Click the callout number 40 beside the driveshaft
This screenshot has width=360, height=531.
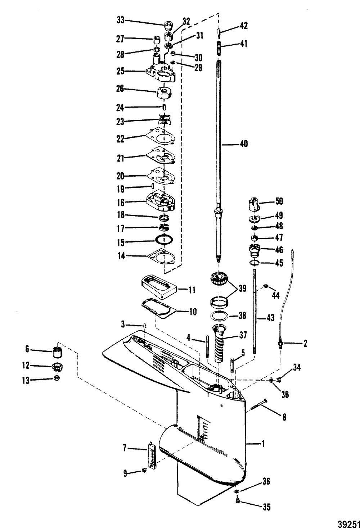pos(244,144)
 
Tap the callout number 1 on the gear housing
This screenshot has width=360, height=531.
pos(263,444)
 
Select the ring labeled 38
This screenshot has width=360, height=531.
pos(219,316)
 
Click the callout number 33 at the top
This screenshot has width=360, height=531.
pos(120,21)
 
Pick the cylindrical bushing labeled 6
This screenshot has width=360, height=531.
pos(56,351)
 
